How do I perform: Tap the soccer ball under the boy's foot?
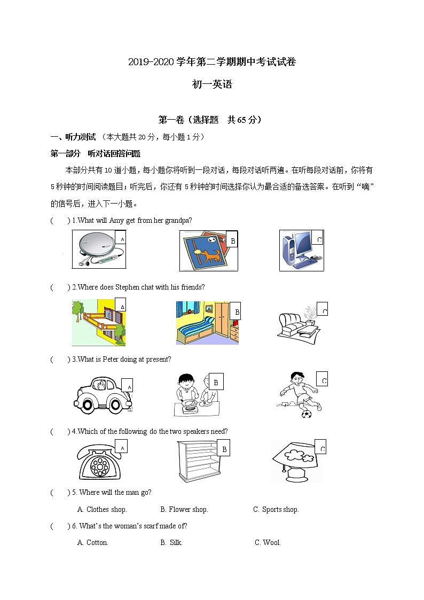[x=307, y=414]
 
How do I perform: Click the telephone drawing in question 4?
[x=98, y=463]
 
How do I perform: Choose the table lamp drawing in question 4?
[x=295, y=461]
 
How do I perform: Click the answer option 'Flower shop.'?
[x=184, y=510]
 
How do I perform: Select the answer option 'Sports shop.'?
[x=276, y=510]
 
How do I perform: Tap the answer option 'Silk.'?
[x=171, y=543]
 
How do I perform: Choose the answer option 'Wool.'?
[x=268, y=543]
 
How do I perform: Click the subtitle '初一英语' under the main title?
[x=212, y=84]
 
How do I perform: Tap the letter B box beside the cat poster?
[x=232, y=241]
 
